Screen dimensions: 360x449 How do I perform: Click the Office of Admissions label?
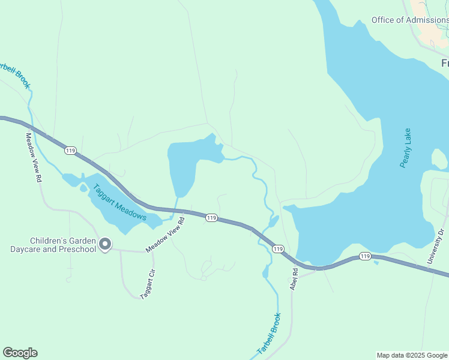(x=409, y=20)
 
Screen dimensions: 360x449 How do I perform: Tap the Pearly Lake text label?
(x=406, y=148)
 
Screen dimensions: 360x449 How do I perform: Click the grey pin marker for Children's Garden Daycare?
(x=105, y=244)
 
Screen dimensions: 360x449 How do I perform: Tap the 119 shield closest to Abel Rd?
(x=277, y=248)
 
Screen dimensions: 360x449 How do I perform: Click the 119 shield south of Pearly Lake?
(x=365, y=256)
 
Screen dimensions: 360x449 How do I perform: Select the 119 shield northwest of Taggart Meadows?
(x=71, y=151)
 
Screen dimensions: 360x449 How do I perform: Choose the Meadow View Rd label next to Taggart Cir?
(x=164, y=235)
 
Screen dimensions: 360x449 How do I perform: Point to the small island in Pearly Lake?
(x=439, y=159)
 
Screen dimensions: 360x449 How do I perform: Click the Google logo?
(x=20, y=353)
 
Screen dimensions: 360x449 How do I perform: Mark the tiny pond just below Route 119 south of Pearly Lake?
(x=376, y=262)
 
